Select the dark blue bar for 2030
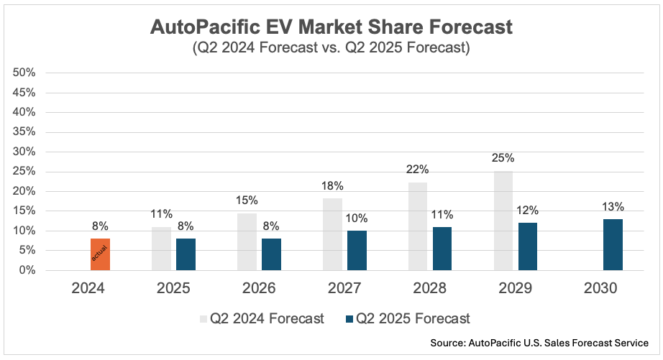coord(613,244)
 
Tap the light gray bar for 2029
coord(503,221)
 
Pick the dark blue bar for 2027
coord(357,250)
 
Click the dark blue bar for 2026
coord(271,254)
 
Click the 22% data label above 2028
coord(417,170)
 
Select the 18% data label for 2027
coord(332,186)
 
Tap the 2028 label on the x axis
coord(429,289)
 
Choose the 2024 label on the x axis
coord(88,289)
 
